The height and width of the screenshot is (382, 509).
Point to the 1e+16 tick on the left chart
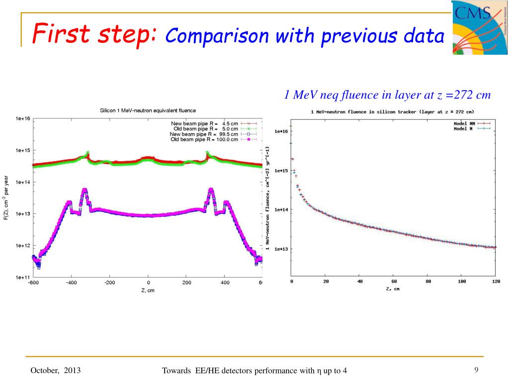23,118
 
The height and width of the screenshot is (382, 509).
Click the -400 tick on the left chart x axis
71,283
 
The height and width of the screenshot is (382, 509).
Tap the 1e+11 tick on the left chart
23,277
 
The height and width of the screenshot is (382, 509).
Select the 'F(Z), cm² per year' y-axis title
6,198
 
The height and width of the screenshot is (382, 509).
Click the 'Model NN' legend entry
465,123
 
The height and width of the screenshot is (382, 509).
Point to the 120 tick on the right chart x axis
496,282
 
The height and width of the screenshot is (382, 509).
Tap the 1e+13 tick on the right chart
281,249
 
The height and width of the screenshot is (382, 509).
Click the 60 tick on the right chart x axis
394,282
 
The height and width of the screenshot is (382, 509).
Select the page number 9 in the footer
476,370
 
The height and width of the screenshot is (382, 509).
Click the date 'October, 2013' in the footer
56,371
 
